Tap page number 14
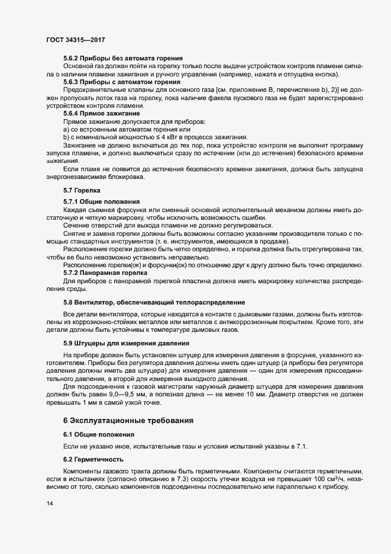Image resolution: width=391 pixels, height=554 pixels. coord(49,503)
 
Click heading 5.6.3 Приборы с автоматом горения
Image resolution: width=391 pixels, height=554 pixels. coord(122,81)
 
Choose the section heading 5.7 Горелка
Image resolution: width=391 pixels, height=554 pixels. coord(82,190)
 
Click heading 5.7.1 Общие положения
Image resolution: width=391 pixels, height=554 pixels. coord(101,201)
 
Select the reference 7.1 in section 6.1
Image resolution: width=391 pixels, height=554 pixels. coord(311,445)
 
